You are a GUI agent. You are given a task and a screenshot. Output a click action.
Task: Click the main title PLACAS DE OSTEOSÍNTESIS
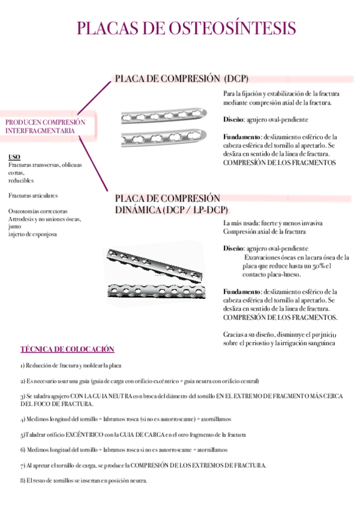coord(187,29)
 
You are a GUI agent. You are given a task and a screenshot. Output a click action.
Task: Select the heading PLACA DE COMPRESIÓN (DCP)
coord(181,79)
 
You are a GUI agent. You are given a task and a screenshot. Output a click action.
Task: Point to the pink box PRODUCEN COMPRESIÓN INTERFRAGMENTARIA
coord(46,126)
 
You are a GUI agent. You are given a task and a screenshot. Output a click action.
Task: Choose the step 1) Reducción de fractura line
coord(71,366)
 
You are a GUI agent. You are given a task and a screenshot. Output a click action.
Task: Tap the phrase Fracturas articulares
coord(34,196)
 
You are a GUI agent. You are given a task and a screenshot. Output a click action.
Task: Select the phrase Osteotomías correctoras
coord(38,211)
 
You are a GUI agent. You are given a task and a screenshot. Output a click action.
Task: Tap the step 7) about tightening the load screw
coord(143,465)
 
